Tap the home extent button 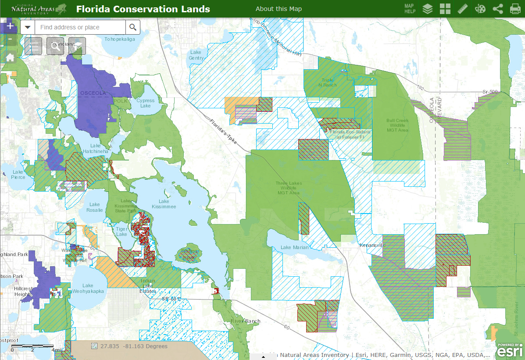[10, 57]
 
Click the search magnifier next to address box [133, 27]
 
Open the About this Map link [279, 9]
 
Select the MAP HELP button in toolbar [409, 9]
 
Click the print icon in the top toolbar [515, 9]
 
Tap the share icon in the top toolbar [498, 9]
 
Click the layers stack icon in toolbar [427, 9]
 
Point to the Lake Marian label [295, 247]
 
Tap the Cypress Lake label [145, 103]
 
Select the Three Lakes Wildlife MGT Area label [288, 188]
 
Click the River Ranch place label [245, 321]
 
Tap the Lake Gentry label [196, 55]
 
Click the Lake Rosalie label [95, 207]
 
